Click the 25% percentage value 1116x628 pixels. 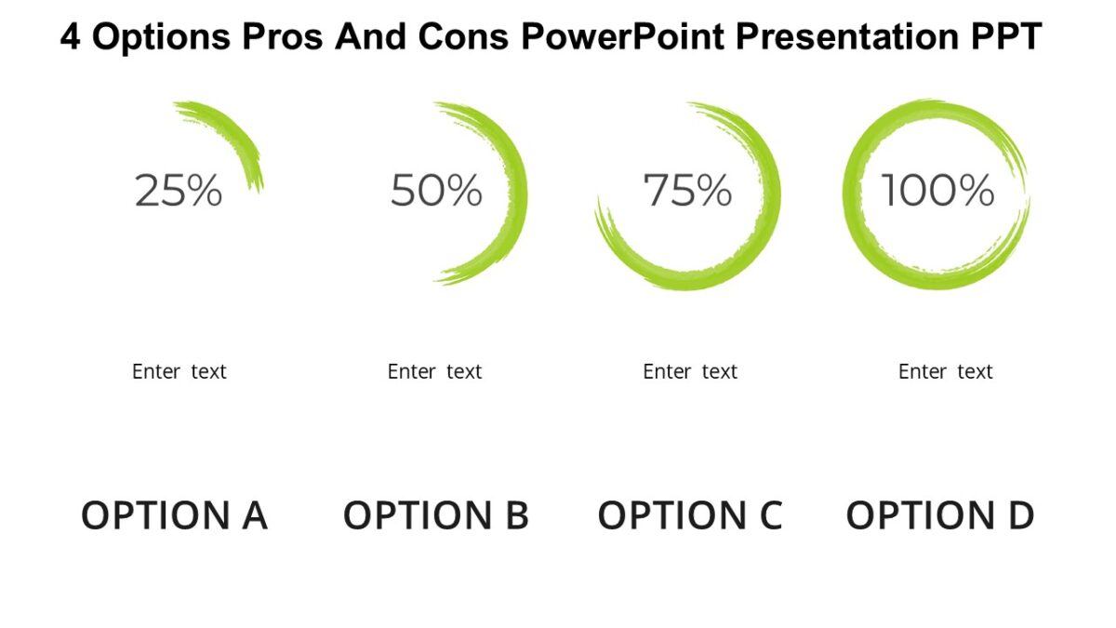pos(179,191)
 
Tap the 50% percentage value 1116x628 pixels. pos(436,191)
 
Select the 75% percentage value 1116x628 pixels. pos(688,191)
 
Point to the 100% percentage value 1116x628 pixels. pos(937,191)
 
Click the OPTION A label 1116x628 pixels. pos(174,515)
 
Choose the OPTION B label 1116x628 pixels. pos(435,515)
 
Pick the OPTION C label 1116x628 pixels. pos(689,515)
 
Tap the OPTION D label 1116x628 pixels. pos(939,515)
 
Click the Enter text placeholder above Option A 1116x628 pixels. pos(179,372)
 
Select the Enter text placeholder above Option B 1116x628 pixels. pos(434,372)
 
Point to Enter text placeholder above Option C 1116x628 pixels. pos(690,372)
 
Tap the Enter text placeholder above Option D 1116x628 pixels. pos(945,372)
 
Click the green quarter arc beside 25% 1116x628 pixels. pos(236,134)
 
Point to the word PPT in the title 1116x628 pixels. pos(1009,38)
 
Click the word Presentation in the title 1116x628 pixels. pos(847,38)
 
